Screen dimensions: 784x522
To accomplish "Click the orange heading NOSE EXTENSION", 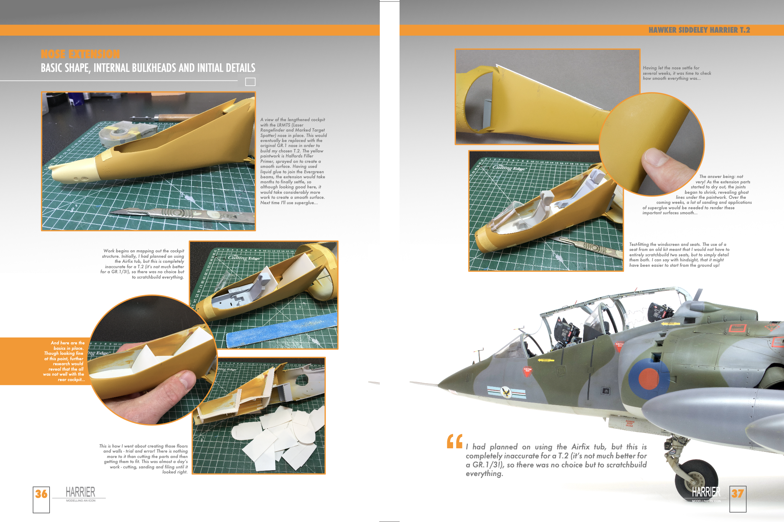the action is tap(80, 54).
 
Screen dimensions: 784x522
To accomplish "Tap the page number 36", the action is tap(41, 494).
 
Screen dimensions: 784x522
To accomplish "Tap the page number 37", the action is tap(738, 493).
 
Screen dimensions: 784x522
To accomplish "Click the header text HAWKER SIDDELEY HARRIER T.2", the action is tap(699, 30).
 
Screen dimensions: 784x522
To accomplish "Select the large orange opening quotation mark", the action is tap(455, 441).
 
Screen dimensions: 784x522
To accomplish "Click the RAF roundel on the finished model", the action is tap(649, 379).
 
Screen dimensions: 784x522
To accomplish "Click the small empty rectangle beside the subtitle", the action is tap(250, 82).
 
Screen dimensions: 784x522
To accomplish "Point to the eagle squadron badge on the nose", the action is tap(506, 392).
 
